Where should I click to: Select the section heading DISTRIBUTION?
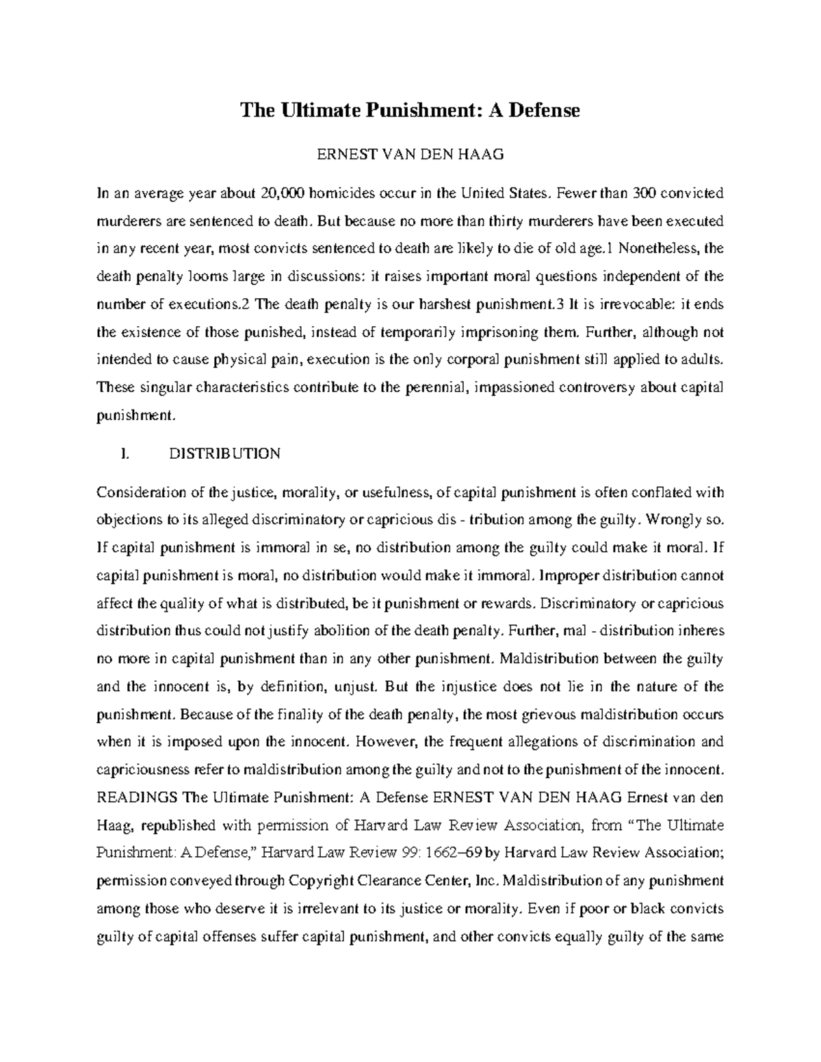pyautogui.click(x=224, y=454)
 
